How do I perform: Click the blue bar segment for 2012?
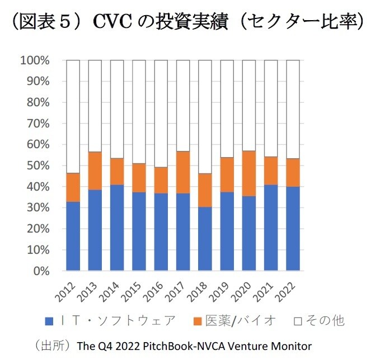coord(73,236)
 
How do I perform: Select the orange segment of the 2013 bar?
coord(95,170)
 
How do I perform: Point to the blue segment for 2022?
coord(293,229)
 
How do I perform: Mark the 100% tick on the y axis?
coord(35,60)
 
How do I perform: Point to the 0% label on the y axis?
coord(41,272)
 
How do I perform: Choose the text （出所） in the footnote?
coord(52,345)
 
